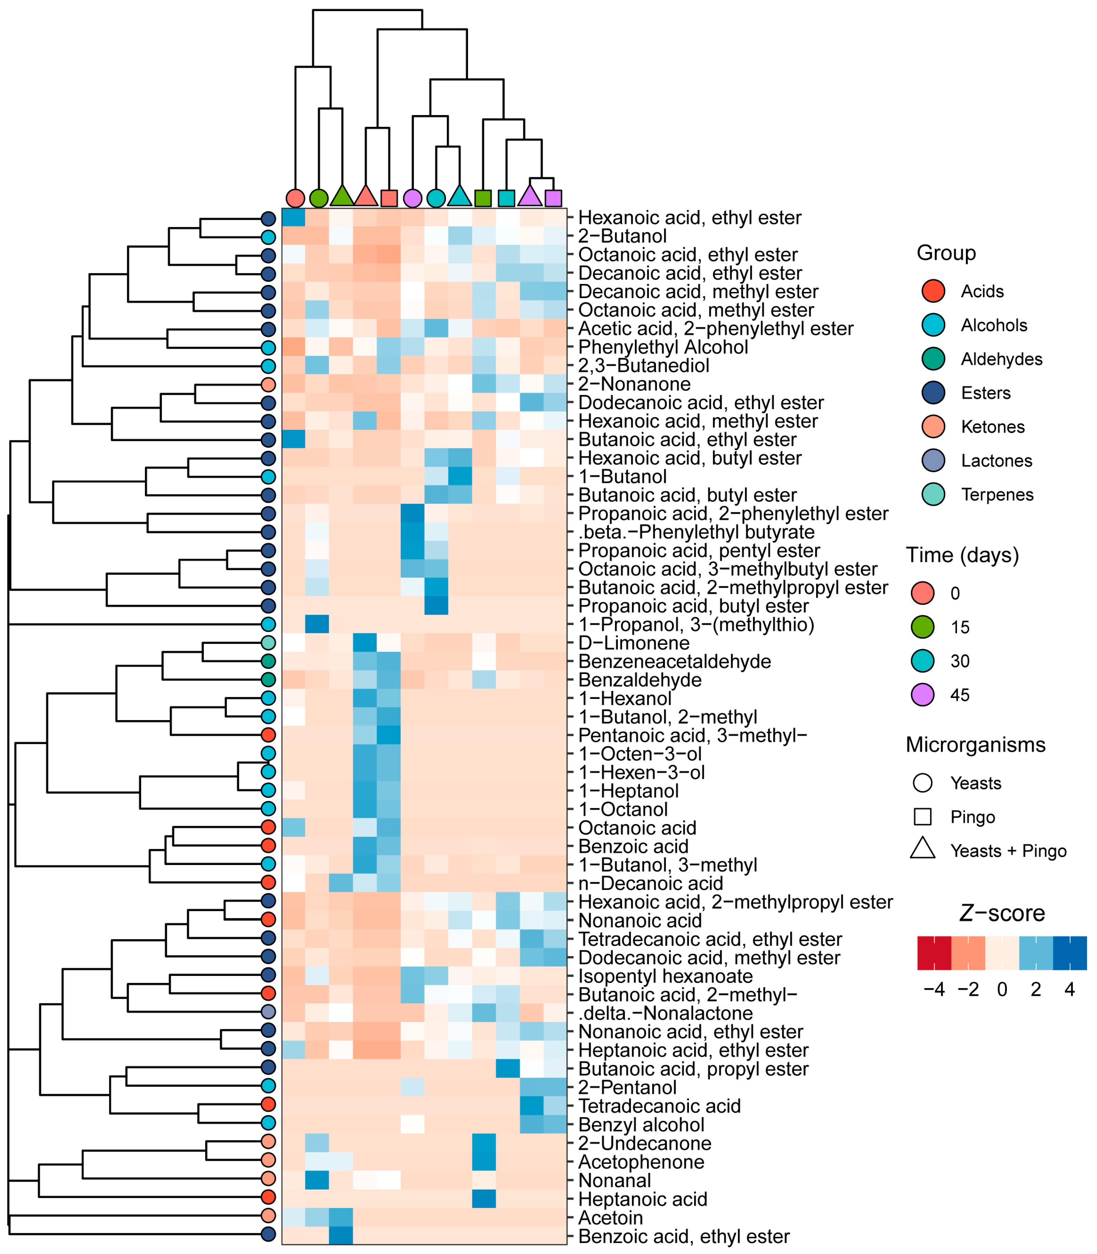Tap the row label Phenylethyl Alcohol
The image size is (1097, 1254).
(x=663, y=347)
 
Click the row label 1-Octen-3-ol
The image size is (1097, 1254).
(x=640, y=754)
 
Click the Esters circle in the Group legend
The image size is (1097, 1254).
(x=934, y=393)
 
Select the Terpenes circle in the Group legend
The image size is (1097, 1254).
(x=934, y=494)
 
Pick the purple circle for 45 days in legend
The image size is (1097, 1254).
(x=923, y=695)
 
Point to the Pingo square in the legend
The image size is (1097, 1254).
(x=923, y=816)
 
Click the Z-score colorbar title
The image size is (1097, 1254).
(x=1002, y=913)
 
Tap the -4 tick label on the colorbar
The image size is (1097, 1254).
(x=934, y=989)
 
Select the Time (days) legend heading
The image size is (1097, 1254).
(x=962, y=555)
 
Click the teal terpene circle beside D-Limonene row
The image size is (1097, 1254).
(x=268, y=643)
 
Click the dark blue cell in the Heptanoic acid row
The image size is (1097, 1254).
(x=484, y=1199)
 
